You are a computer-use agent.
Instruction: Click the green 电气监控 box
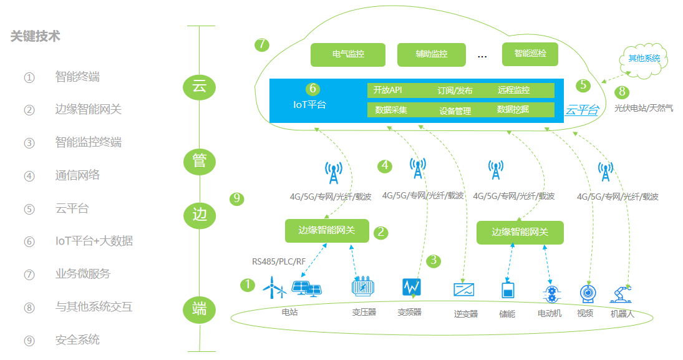point(348,54)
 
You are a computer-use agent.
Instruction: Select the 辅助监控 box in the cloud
point(431,54)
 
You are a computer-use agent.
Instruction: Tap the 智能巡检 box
point(530,54)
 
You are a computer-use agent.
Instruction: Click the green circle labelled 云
point(200,87)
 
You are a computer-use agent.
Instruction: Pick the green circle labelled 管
point(200,162)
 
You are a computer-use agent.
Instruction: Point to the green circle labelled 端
point(200,310)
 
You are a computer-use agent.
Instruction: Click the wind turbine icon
point(274,288)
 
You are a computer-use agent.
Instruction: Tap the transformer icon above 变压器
point(363,286)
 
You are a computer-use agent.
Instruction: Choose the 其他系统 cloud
point(643,60)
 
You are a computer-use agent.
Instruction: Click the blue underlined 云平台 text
point(582,110)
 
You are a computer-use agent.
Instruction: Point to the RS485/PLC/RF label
point(279,261)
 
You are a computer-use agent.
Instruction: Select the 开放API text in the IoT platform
point(388,90)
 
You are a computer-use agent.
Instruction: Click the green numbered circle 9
point(237,199)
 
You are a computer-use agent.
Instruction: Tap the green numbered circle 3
point(434,261)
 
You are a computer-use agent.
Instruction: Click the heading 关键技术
point(36,36)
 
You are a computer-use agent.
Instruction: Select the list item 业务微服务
point(83,274)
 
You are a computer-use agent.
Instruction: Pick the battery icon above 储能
point(508,290)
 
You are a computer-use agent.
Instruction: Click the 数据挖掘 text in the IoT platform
point(513,109)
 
